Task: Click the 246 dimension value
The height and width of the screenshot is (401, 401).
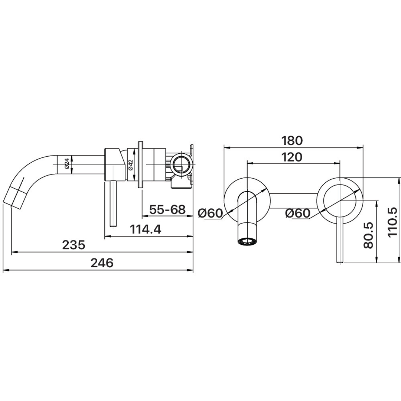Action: (x=102, y=263)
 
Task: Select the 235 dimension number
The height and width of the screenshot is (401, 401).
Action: (x=74, y=245)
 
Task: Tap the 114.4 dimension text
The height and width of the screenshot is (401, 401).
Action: (x=146, y=229)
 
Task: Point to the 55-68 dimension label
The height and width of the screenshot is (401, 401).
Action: (x=167, y=209)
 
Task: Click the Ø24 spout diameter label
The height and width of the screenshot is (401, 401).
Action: (x=66, y=164)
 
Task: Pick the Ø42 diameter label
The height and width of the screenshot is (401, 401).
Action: (x=130, y=165)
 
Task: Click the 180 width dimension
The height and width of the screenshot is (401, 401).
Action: (x=292, y=141)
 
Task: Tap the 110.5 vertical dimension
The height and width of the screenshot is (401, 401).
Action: (x=392, y=222)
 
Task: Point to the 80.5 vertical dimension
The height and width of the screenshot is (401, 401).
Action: (x=368, y=235)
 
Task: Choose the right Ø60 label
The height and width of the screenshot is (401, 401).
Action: (x=298, y=213)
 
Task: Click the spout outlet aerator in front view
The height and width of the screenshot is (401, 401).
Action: (x=248, y=241)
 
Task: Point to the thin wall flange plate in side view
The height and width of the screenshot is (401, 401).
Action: (x=140, y=165)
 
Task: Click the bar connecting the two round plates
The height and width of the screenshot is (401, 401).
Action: (x=294, y=201)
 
